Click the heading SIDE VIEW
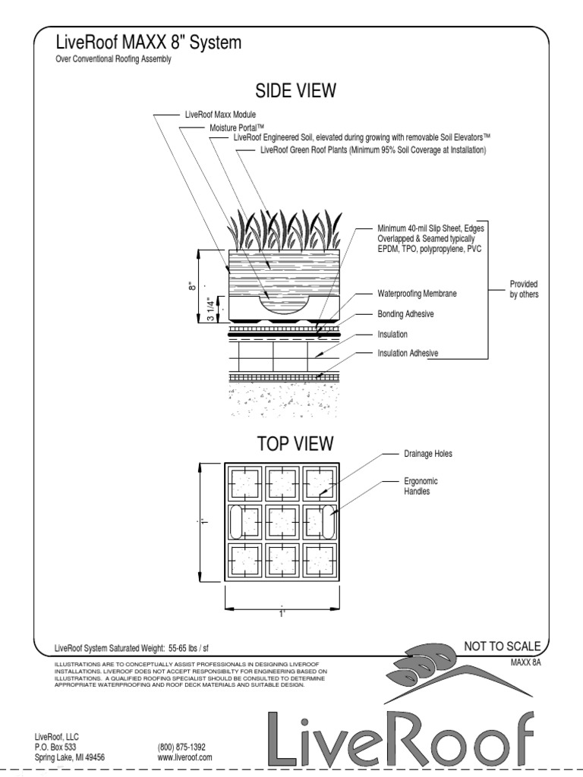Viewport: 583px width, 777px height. click(295, 91)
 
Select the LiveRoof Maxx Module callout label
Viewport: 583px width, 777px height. click(220, 115)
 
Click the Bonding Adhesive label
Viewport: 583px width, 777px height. click(406, 313)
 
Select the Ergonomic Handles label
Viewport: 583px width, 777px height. click(421, 486)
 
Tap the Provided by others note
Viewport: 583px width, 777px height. click(523, 289)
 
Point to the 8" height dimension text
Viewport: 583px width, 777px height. click(194, 285)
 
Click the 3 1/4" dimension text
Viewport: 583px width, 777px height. click(211, 307)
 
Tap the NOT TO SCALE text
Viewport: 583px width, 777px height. click(503, 646)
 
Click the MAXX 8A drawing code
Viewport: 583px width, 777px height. click(525, 662)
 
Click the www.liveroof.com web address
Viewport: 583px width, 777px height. click(184, 757)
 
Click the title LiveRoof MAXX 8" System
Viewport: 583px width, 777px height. click(149, 43)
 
